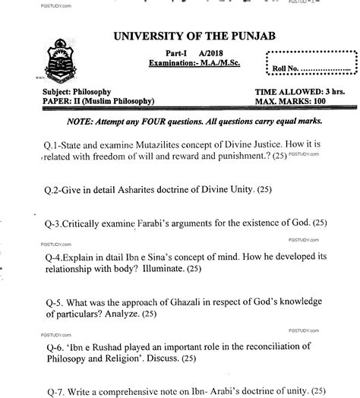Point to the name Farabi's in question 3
tap(152, 224)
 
